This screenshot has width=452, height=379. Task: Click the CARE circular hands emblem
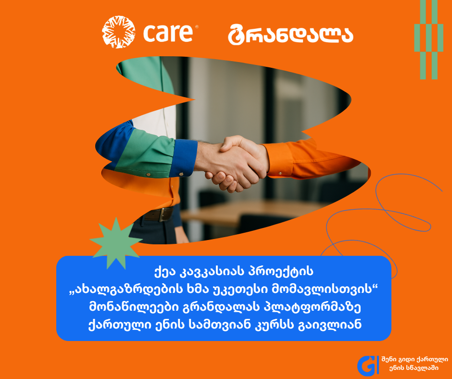click(118, 32)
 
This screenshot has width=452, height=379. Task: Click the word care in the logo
click(168, 33)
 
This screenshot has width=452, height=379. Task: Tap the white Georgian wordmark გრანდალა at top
click(290, 35)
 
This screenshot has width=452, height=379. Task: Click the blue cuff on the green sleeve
click(184, 158)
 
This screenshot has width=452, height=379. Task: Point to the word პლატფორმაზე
click(312, 307)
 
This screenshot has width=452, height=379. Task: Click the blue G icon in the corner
click(367, 366)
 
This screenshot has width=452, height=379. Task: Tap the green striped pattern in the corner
click(428, 39)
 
